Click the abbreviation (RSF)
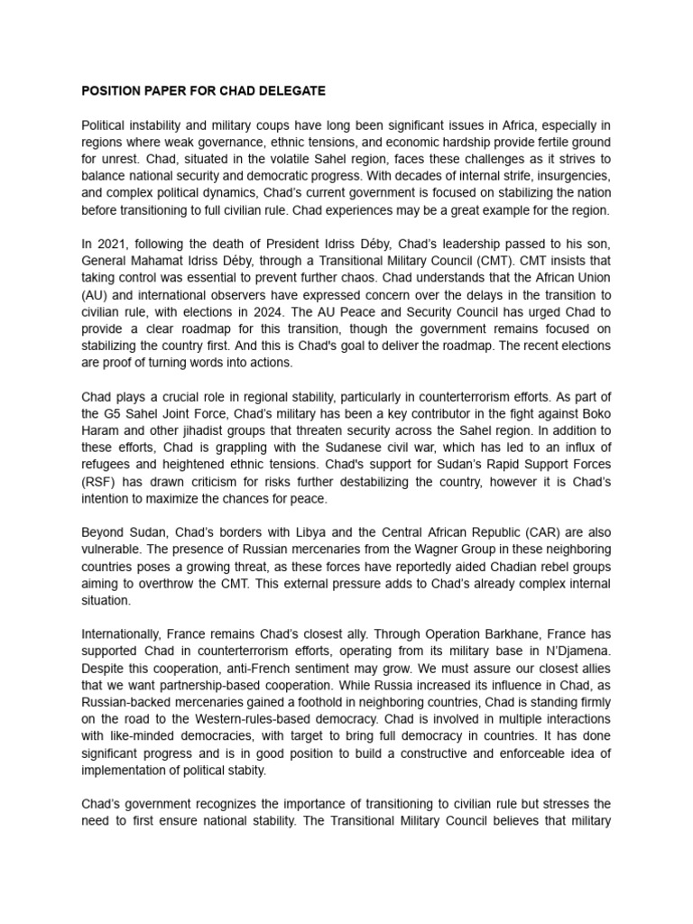98,482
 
